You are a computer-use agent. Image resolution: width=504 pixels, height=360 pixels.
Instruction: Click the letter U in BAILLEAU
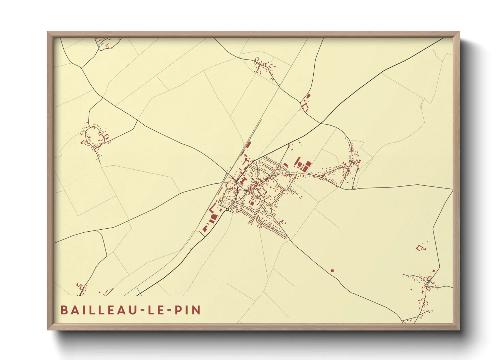point(130,310)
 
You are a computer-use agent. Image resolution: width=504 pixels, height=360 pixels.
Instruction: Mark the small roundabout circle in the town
point(227,210)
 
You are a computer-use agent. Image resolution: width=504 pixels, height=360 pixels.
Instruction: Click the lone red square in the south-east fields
point(332,271)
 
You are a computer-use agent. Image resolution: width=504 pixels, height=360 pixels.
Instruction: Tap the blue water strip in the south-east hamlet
point(429,282)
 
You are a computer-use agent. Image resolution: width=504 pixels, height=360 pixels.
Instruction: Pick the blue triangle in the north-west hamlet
point(99,47)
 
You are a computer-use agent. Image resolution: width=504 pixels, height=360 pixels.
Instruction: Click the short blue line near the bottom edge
point(139,291)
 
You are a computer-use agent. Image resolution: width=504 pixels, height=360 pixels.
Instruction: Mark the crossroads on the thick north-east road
point(320,123)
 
